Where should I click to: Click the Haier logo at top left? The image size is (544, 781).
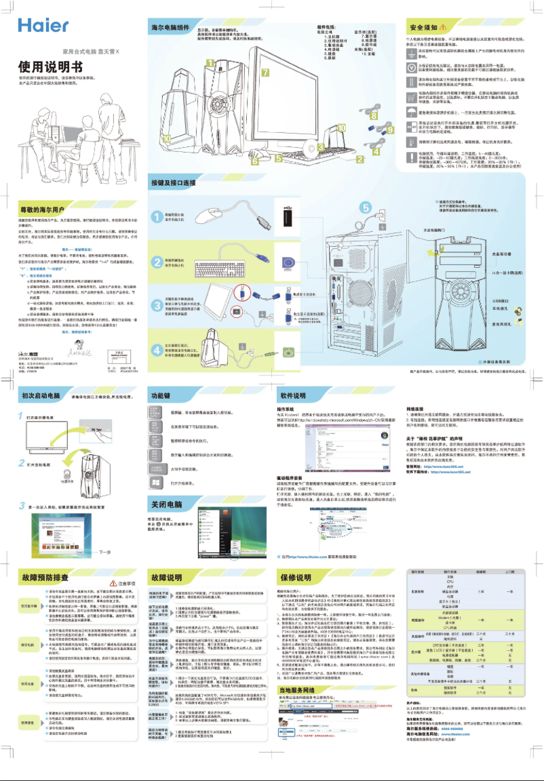43,25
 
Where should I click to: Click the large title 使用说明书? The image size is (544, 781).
50,66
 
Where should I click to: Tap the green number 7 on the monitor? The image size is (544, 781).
265,73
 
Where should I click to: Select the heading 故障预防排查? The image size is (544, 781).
42,578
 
